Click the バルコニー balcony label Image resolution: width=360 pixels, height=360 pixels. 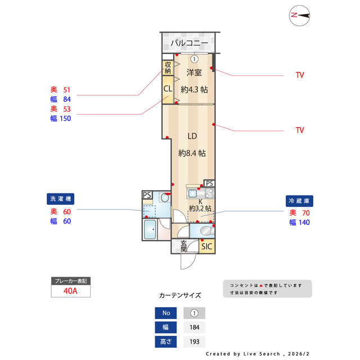[190, 43]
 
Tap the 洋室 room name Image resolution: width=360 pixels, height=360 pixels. [194, 73]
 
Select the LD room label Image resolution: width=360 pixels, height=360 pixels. [192, 136]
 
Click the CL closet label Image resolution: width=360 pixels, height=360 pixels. [168, 89]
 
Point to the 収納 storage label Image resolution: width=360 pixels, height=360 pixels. [168, 67]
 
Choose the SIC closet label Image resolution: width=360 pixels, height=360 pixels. [207, 246]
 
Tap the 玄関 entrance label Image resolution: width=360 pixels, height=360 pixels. [183, 246]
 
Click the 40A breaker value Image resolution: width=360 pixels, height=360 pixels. [70, 291]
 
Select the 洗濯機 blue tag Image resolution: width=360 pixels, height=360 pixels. [61, 199]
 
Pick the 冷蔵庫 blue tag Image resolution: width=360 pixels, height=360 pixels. [300, 201]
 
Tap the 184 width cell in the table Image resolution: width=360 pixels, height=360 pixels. [194, 327]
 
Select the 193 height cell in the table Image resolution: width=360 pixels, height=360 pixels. [194, 341]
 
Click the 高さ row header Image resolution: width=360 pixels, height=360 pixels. [166, 341]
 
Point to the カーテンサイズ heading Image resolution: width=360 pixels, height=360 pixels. [180, 295]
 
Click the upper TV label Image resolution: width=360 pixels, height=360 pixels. [300, 75]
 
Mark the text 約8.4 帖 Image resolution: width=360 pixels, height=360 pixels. [192, 152]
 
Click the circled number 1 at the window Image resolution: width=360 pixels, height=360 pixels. [194, 58]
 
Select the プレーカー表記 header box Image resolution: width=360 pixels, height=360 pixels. [70, 280]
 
